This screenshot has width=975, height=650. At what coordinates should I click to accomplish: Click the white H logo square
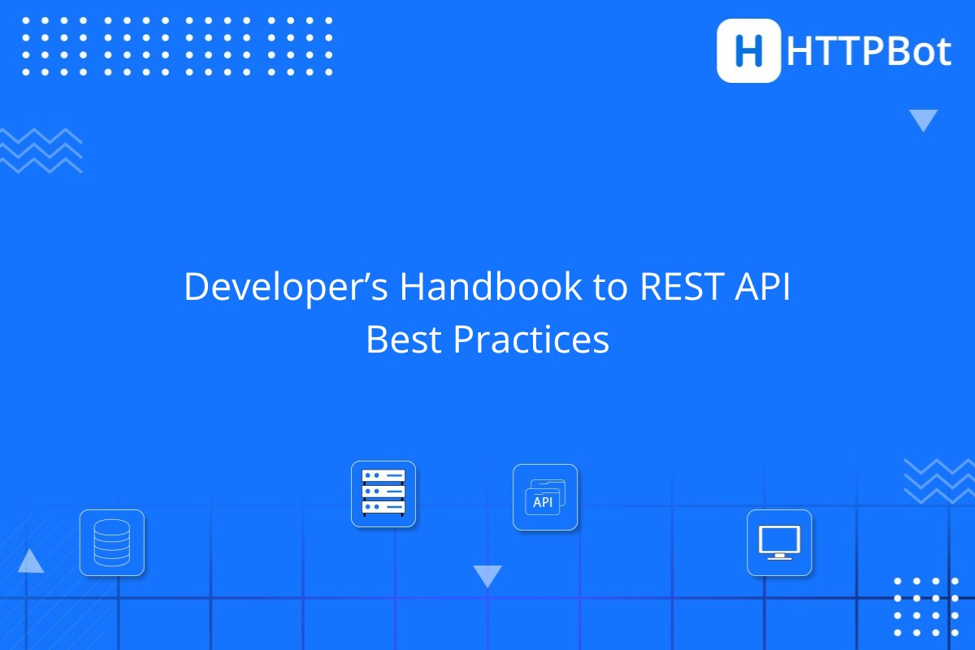coord(748,50)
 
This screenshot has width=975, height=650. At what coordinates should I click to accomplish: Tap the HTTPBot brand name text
coord(869,52)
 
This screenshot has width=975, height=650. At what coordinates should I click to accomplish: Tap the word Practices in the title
coord(531,340)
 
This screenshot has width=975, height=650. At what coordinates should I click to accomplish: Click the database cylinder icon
coord(111,543)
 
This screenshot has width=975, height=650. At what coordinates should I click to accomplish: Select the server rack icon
coord(383,494)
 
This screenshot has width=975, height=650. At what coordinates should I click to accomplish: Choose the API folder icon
coord(545,497)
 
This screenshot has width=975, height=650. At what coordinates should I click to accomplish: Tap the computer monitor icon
coord(779,543)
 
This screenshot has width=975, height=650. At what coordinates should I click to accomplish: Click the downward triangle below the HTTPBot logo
coord(923,120)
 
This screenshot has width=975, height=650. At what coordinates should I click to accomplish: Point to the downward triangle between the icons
coord(487,576)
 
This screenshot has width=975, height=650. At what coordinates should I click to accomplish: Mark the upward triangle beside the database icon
coord(31,561)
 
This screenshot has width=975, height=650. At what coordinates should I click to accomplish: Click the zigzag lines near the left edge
coord(41,150)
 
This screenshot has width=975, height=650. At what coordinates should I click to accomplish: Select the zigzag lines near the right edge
coord(939,480)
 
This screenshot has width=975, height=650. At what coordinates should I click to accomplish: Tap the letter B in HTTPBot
coord(892,52)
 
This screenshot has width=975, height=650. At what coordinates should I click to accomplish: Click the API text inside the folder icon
coord(543,502)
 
